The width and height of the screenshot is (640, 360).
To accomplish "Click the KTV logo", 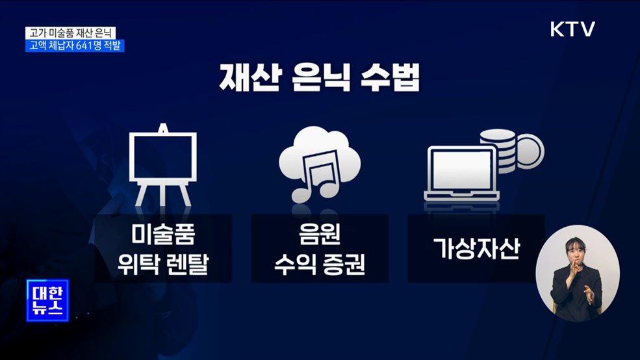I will (572, 29).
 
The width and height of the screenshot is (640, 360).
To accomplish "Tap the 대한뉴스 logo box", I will (47, 300).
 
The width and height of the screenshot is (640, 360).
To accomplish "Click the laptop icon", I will (460, 172).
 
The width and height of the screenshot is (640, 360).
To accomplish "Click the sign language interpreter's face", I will (576, 251).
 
